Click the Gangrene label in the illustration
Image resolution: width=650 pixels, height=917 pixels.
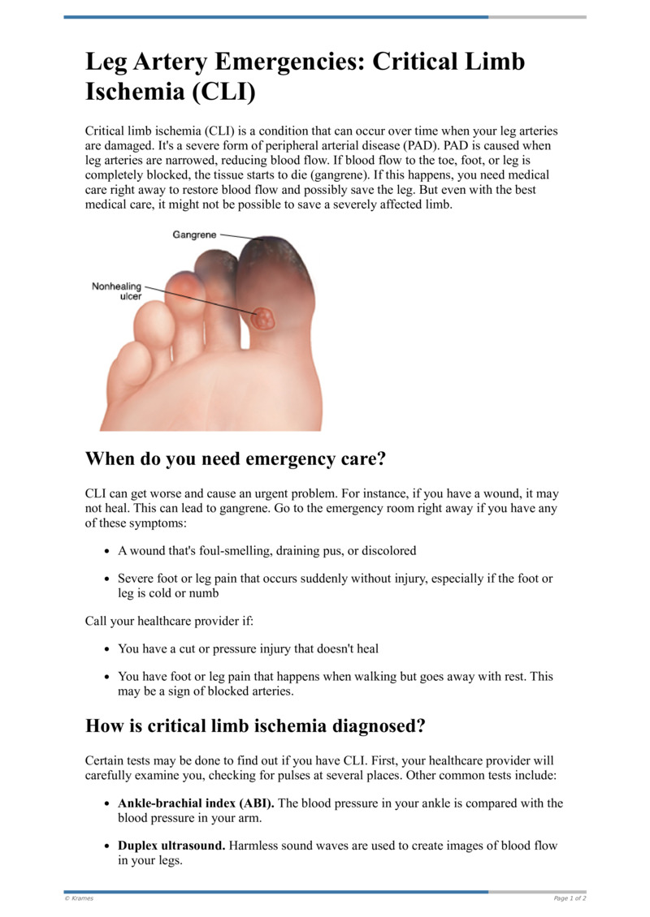click(x=195, y=235)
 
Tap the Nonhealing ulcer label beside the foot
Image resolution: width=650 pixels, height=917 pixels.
click(x=117, y=291)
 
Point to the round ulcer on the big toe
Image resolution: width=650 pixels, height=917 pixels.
click(x=262, y=317)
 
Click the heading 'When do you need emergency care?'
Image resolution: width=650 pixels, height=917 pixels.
click(x=236, y=459)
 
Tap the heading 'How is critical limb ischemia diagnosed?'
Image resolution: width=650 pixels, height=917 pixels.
click(x=255, y=725)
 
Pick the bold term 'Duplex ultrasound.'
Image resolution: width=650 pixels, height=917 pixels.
click(x=171, y=846)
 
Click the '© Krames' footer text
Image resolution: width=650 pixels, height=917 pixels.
click(x=79, y=898)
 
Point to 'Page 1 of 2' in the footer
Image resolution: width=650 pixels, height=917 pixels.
click(x=570, y=898)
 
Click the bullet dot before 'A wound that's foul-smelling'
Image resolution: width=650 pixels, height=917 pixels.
click(x=108, y=551)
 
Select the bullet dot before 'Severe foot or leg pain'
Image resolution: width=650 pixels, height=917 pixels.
click(x=108, y=579)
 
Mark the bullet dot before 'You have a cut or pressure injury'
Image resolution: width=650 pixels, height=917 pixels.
click(x=108, y=650)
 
